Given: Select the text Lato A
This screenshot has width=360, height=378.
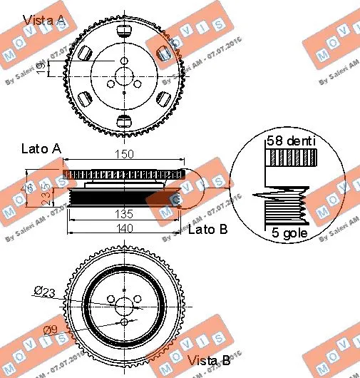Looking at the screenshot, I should click(41, 149).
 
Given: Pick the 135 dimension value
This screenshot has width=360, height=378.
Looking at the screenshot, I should click(125, 212).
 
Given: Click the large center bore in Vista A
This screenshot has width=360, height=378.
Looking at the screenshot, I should click(125, 75).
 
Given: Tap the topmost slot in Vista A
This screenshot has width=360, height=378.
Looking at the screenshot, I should click(125, 31).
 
